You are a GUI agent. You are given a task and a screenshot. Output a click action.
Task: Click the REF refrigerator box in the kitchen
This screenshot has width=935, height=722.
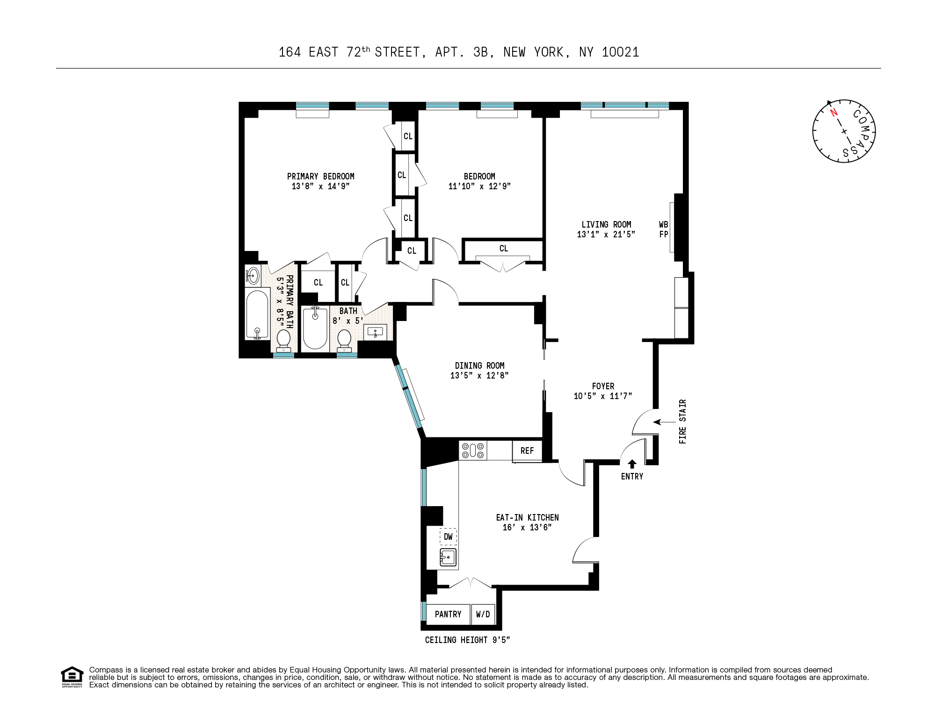(527, 450)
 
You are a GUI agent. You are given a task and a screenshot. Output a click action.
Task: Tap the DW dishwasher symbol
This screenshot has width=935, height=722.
(448, 537)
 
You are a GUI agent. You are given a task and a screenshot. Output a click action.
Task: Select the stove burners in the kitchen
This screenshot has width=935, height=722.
(473, 450)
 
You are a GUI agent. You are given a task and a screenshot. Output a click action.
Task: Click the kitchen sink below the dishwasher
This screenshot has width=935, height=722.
(448, 558)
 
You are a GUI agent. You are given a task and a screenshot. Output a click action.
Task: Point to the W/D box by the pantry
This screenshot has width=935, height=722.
(483, 614)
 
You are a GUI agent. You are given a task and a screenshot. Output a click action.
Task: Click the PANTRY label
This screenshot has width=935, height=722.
(448, 614)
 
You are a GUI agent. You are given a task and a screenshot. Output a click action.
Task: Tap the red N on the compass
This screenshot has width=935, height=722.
(833, 112)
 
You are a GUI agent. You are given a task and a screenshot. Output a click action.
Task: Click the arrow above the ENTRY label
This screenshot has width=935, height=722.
(632, 464)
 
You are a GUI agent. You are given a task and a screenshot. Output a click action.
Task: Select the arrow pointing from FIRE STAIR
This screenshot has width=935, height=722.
(663, 422)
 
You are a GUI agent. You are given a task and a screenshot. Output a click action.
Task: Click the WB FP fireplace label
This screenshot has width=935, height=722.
(663, 229)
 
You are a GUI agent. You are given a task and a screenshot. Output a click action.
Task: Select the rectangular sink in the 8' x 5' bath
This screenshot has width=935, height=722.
(376, 332)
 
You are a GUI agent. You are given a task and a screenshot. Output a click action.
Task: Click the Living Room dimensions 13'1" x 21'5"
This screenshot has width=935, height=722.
(606, 235)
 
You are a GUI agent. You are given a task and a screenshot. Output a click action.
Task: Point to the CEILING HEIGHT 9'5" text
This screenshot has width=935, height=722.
(467, 640)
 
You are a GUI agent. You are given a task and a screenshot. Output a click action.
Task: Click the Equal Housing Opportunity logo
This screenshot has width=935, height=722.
(72, 677)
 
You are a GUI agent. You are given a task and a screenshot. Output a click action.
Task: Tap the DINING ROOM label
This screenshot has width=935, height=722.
(479, 365)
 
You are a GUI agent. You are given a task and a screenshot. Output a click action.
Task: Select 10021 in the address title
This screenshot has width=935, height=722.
(620, 52)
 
